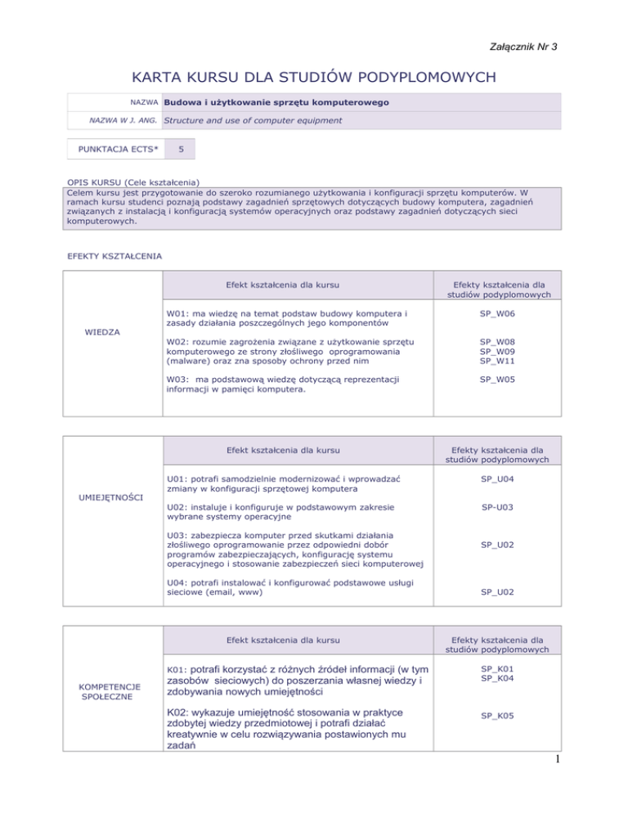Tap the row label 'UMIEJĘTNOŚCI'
(112, 496)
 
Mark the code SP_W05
(496, 380)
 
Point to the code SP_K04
(496, 678)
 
